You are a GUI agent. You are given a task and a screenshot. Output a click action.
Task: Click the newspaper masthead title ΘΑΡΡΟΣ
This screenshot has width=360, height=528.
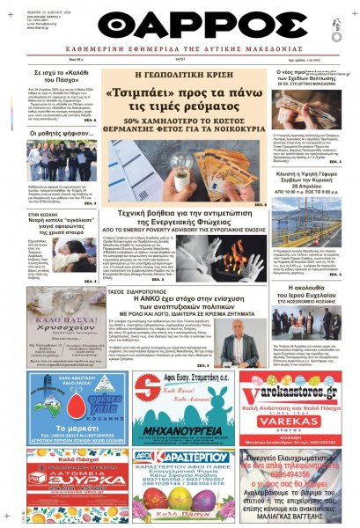180,25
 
